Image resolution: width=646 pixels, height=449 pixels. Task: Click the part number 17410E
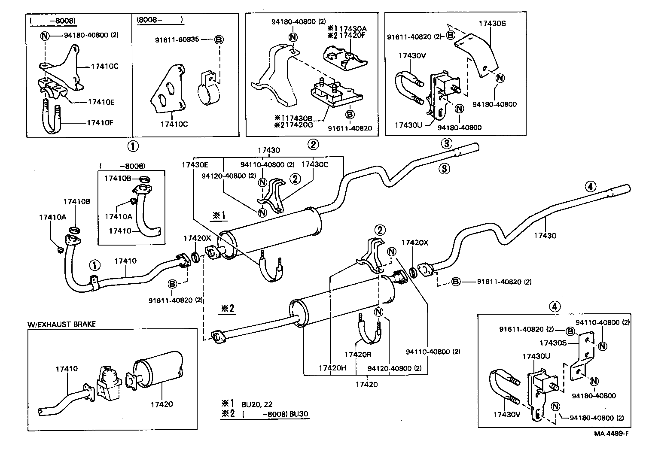tap(101, 102)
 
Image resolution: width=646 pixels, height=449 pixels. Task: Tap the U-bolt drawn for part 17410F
tap(52, 118)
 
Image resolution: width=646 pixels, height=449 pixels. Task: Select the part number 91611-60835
tap(177, 39)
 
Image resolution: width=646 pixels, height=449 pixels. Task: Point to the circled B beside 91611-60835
tap(218, 39)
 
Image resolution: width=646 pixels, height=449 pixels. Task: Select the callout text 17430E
tap(195, 164)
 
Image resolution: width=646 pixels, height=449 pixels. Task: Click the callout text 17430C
tap(314, 164)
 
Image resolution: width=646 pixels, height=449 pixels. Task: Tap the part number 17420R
tap(357, 355)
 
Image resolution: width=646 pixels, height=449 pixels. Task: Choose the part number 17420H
tap(332, 368)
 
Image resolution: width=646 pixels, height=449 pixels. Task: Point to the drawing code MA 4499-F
tap(611, 433)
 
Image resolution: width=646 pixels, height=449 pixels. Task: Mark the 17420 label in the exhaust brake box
tap(161, 404)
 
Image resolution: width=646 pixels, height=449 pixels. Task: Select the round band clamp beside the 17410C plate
tap(209, 93)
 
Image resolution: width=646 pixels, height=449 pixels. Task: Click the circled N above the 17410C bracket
tap(45, 36)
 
